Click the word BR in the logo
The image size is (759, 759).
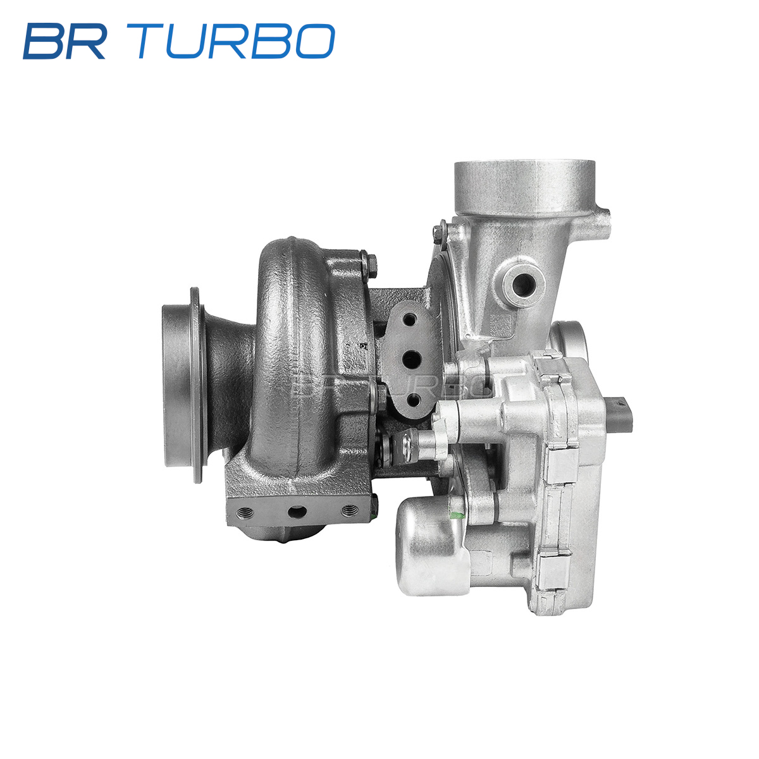[65, 41]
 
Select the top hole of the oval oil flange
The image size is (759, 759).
[410, 319]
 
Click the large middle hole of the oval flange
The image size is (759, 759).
[411, 359]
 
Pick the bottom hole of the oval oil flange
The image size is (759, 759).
[413, 400]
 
